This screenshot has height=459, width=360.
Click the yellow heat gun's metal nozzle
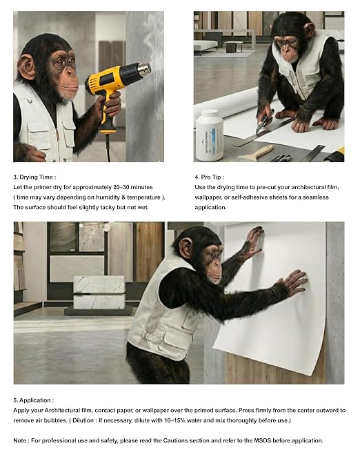pos(144,69)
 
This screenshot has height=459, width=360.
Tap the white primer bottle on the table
pos(209,135)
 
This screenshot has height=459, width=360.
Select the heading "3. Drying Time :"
pos(34,177)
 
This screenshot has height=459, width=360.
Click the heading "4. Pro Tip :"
pos(210,177)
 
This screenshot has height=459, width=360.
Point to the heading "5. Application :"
pos(34,400)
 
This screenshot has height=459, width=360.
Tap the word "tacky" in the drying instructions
pos(108,207)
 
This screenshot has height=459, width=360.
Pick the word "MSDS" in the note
pos(262,440)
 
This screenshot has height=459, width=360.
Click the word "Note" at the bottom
pos(19,440)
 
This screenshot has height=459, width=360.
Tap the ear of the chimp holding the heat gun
pos(26,67)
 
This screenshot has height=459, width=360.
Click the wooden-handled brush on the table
pos(257,153)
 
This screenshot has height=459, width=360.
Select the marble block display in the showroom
pos(99,292)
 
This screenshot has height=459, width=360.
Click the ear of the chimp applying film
pos(185,247)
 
